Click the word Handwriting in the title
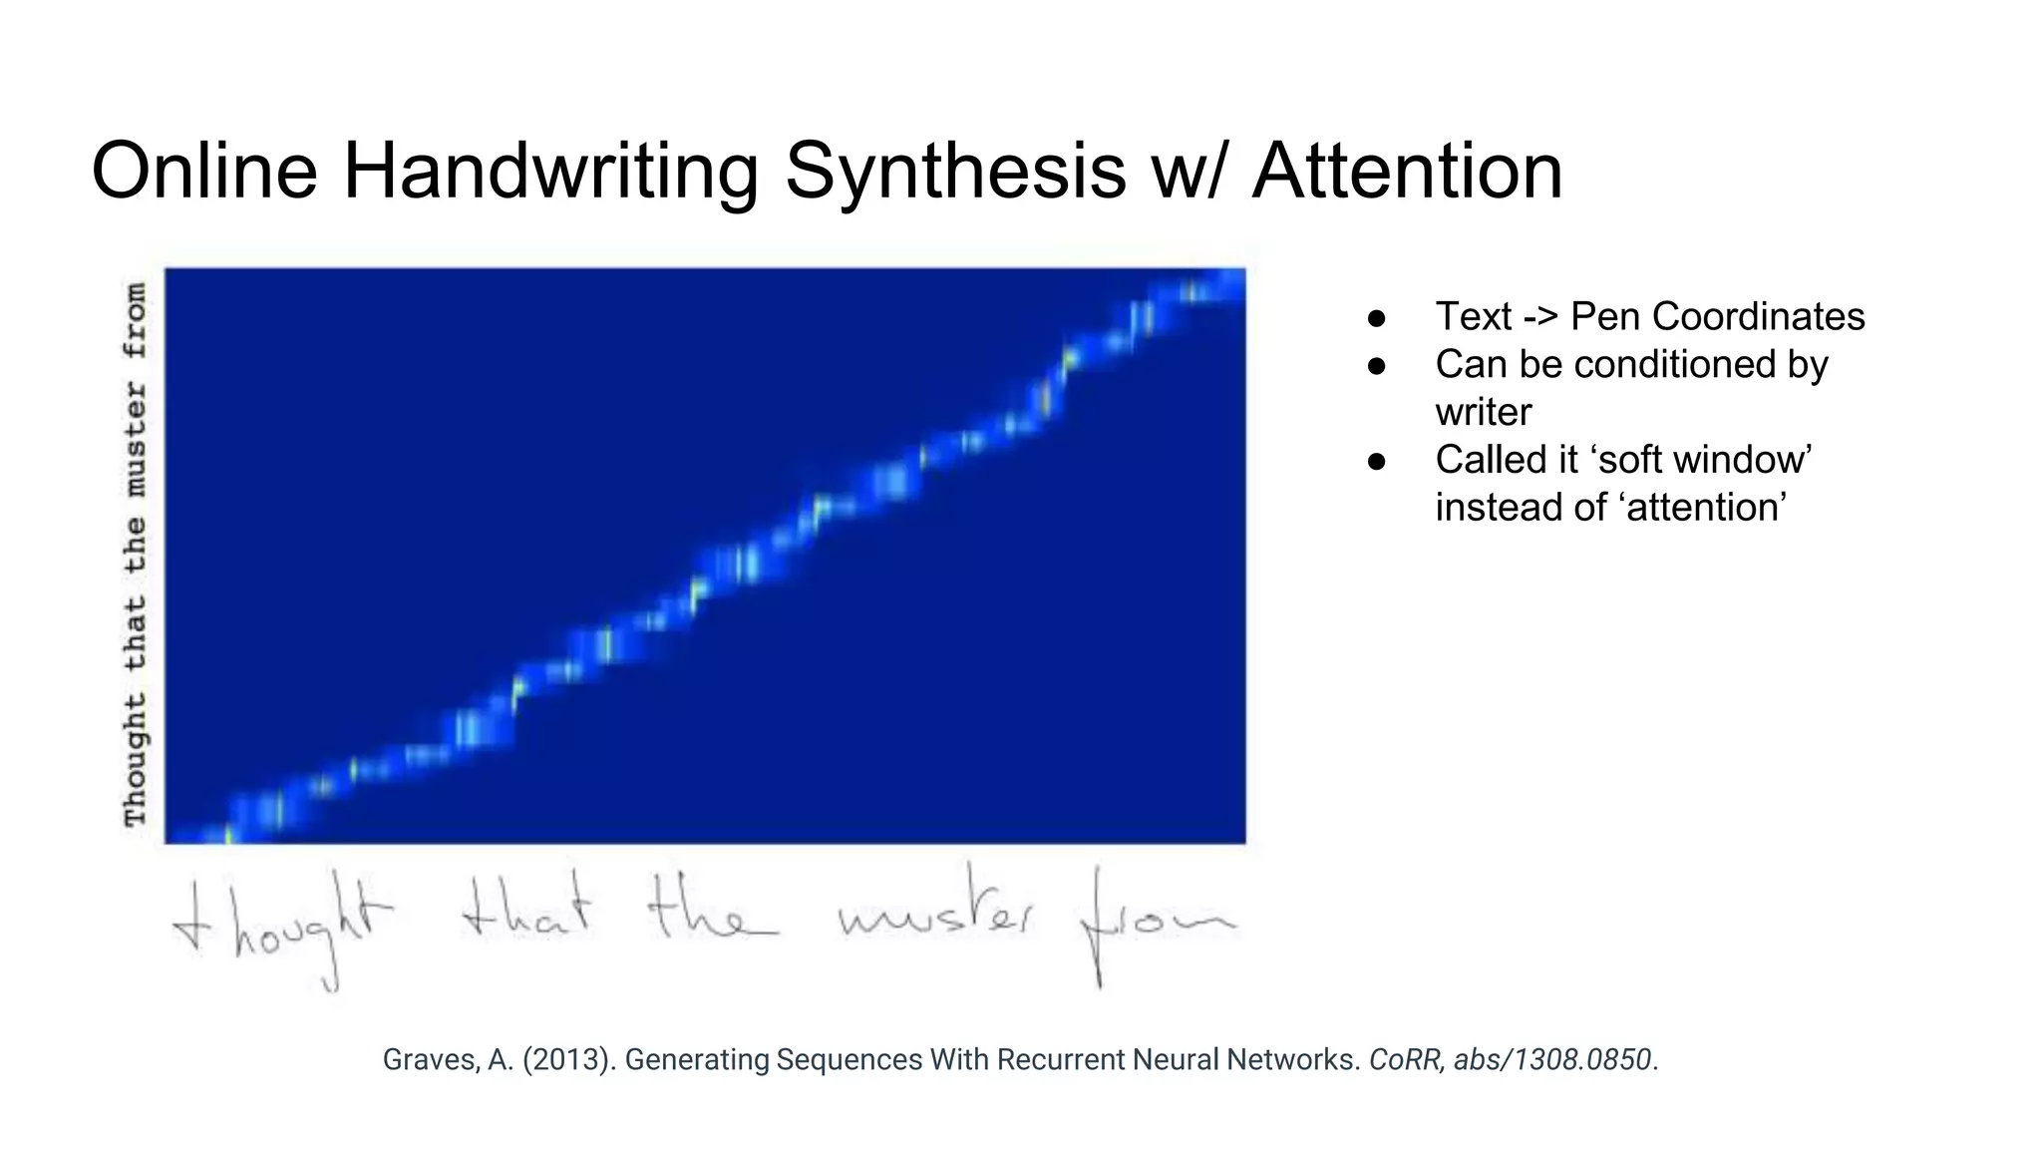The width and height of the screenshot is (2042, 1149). (x=550, y=172)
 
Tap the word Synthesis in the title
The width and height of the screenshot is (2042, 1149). (x=955, y=172)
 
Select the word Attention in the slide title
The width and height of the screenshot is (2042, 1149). (x=1407, y=172)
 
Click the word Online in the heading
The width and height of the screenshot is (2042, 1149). (x=204, y=172)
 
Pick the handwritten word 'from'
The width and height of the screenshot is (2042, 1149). (x=1157, y=923)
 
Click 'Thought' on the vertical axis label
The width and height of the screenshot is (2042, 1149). (x=136, y=760)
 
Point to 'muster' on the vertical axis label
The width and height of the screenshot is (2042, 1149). (x=136, y=439)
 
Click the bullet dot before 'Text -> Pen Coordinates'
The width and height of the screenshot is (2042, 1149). (x=1377, y=318)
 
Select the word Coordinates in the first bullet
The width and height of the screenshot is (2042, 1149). (x=1717, y=317)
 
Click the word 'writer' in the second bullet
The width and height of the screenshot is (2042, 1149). (x=1483, y=412)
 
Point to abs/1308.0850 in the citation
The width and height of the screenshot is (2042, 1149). (x=1551, y=1059)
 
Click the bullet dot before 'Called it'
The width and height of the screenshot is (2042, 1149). (x=1377, y=461)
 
